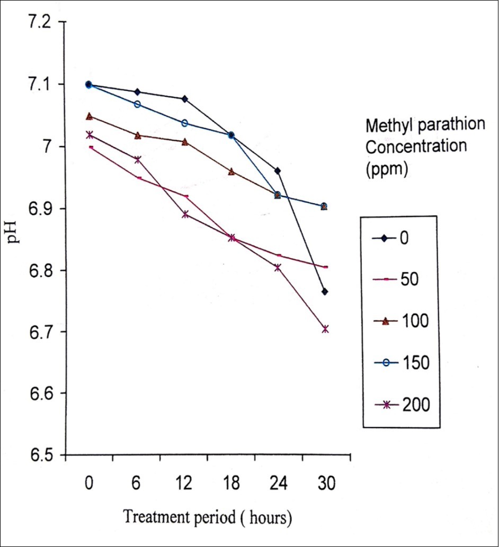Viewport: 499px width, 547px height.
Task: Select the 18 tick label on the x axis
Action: (231, 485)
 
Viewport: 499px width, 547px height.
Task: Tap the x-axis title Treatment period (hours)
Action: (207, 517)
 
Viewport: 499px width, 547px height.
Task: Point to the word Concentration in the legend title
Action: (416, 146)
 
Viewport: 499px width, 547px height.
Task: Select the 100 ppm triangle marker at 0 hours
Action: (89, 116)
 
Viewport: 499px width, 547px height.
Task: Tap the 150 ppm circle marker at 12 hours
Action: (184, 123)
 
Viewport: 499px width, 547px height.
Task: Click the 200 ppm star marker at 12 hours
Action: (184, 214)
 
